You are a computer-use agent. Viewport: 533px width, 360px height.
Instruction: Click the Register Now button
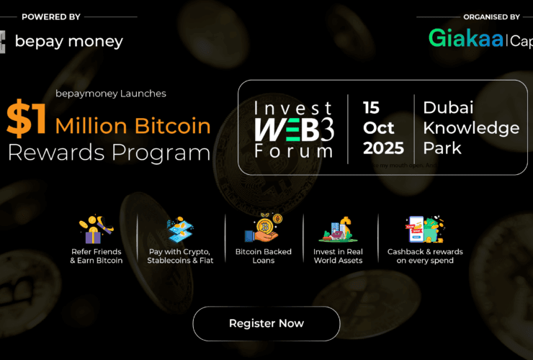click(x=266, y=323)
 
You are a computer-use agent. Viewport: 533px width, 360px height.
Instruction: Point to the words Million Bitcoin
click(x=133, y=127)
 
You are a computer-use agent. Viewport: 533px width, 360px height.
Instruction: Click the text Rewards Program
click(x=109, y=153)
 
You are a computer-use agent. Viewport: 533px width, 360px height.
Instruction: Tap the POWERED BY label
click(x=51, y=16)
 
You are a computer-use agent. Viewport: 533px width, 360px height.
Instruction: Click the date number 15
click(x=371, y=107)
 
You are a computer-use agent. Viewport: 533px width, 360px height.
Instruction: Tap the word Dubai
click(x=448, y=107)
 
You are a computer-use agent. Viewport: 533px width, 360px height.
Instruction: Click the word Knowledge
click(x=471, y=128)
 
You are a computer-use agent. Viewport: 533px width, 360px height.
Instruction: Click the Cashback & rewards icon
click(x=424, y=229)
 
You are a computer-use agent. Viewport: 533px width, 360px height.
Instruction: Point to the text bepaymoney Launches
click(x=111, y=94)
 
